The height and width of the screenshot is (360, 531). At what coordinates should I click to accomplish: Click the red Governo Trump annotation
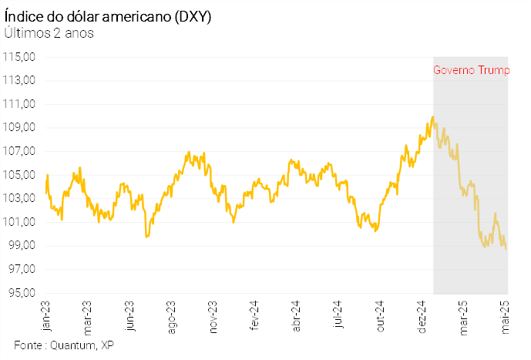471,70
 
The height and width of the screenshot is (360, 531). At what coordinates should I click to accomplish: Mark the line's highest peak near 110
433,116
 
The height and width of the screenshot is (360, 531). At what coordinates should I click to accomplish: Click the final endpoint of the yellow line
506,249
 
